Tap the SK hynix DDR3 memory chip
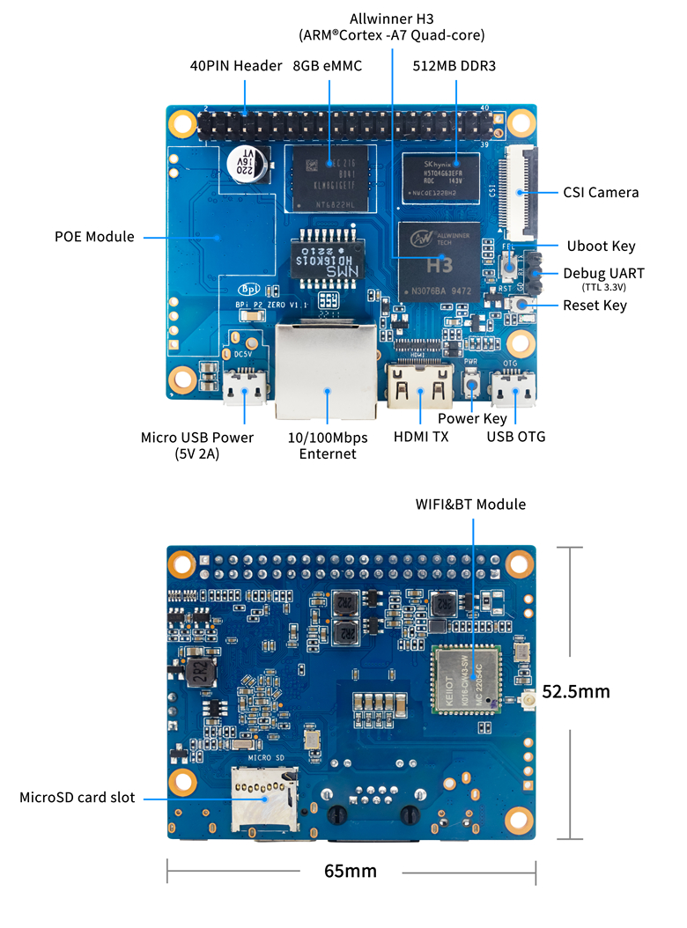pyautogui.click(x=440, y=178)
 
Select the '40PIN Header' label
pyautogui.click(x=236, y=66)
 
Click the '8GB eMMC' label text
pyautogui.click(x=328, y=66)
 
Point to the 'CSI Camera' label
pyautogui.click(x=601, y=192)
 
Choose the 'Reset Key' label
pyautogui.click(x=595, y=306)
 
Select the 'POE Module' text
pyautogui.click(x=94, y=236)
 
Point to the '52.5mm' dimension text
pyautogui.click(x=575, y=691)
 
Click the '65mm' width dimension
pyautogui.click(x=351, y=871)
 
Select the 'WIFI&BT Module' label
pyautogui.click(x=470, y=505)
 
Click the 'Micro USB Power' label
pyautogui.click(x=197, y=438)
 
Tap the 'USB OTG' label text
pyautogui.click(x=516, y=437)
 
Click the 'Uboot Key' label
pyautogui.click(x=601, y=246)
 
